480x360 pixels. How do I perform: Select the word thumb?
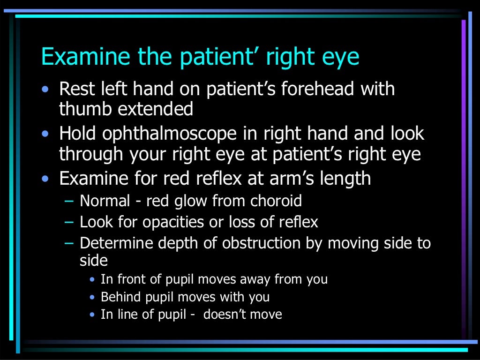85,109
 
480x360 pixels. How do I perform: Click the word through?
92,154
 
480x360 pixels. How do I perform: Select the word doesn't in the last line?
224,314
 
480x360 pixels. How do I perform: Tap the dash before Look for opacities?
69,222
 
